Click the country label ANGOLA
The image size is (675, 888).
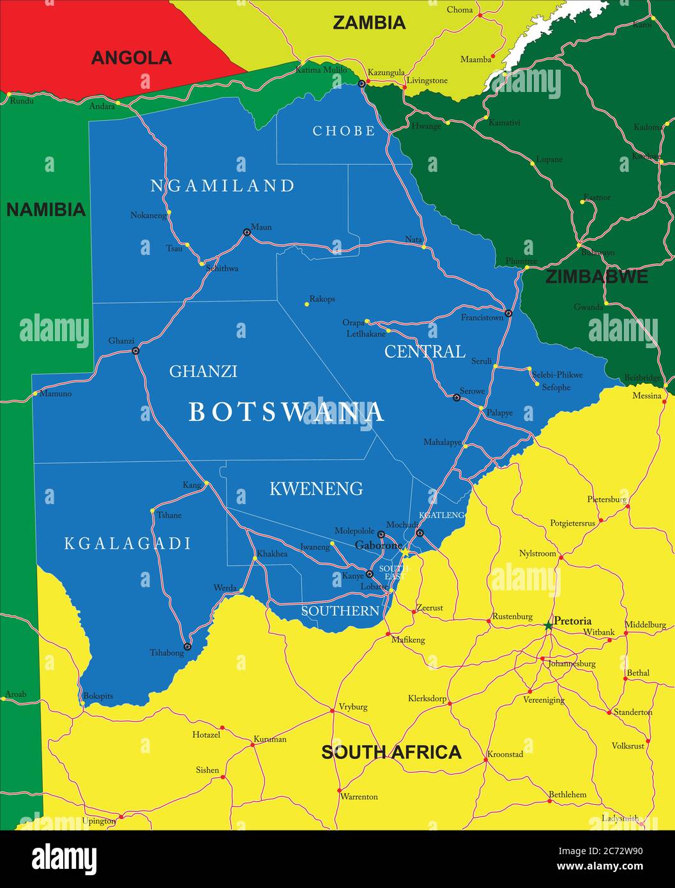click(x=131, y=58)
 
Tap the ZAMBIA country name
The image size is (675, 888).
click(x=369, y=23)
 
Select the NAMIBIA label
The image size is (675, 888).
click(x=45, y=210)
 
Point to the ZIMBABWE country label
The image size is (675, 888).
click(x=596, y=277)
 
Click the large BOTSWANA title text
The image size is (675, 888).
click(x=287, y=413)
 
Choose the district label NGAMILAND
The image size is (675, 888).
click(x=222, y=186)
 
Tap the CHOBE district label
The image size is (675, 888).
click(x=344, y=131)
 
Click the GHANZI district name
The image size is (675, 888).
click(x=203, y=371)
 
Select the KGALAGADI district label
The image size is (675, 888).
click(x=128, y=544)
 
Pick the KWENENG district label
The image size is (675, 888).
click(x=316, y=489)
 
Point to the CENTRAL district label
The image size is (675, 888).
click(x=425, y=351)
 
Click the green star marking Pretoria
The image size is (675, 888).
click(x=548, y=626)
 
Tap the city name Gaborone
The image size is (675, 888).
click(x=378, y=545)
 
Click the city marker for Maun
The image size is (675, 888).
click(x=246, y=233)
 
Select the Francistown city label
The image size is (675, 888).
click(x=482, y=318)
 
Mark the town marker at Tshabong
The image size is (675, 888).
click(x=187, y=647)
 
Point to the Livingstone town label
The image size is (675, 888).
click(x=427, y=81)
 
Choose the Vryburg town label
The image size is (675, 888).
click(x=353, y=707)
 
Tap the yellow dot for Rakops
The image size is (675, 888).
click(x=307, y=304)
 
